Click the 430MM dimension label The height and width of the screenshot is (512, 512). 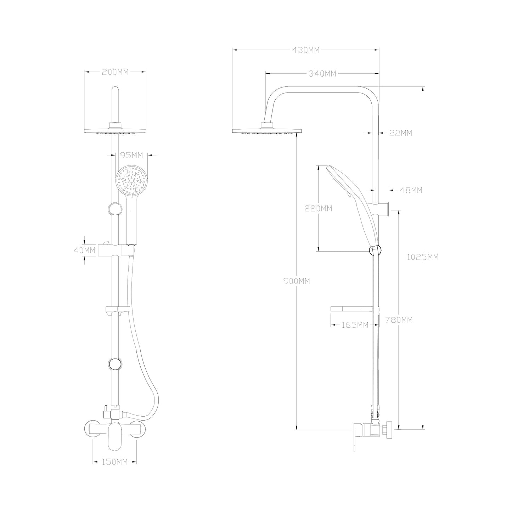305,50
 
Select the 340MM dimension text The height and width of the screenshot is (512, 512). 322,74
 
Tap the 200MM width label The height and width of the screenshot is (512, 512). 115,72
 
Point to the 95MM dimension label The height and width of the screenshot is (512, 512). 131,155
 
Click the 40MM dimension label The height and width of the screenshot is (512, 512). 84,250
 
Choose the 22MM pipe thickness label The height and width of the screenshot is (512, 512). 401,133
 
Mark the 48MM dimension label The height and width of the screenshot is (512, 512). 411,190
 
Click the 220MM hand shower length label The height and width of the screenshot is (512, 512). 318,208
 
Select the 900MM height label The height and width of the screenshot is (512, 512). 297,281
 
